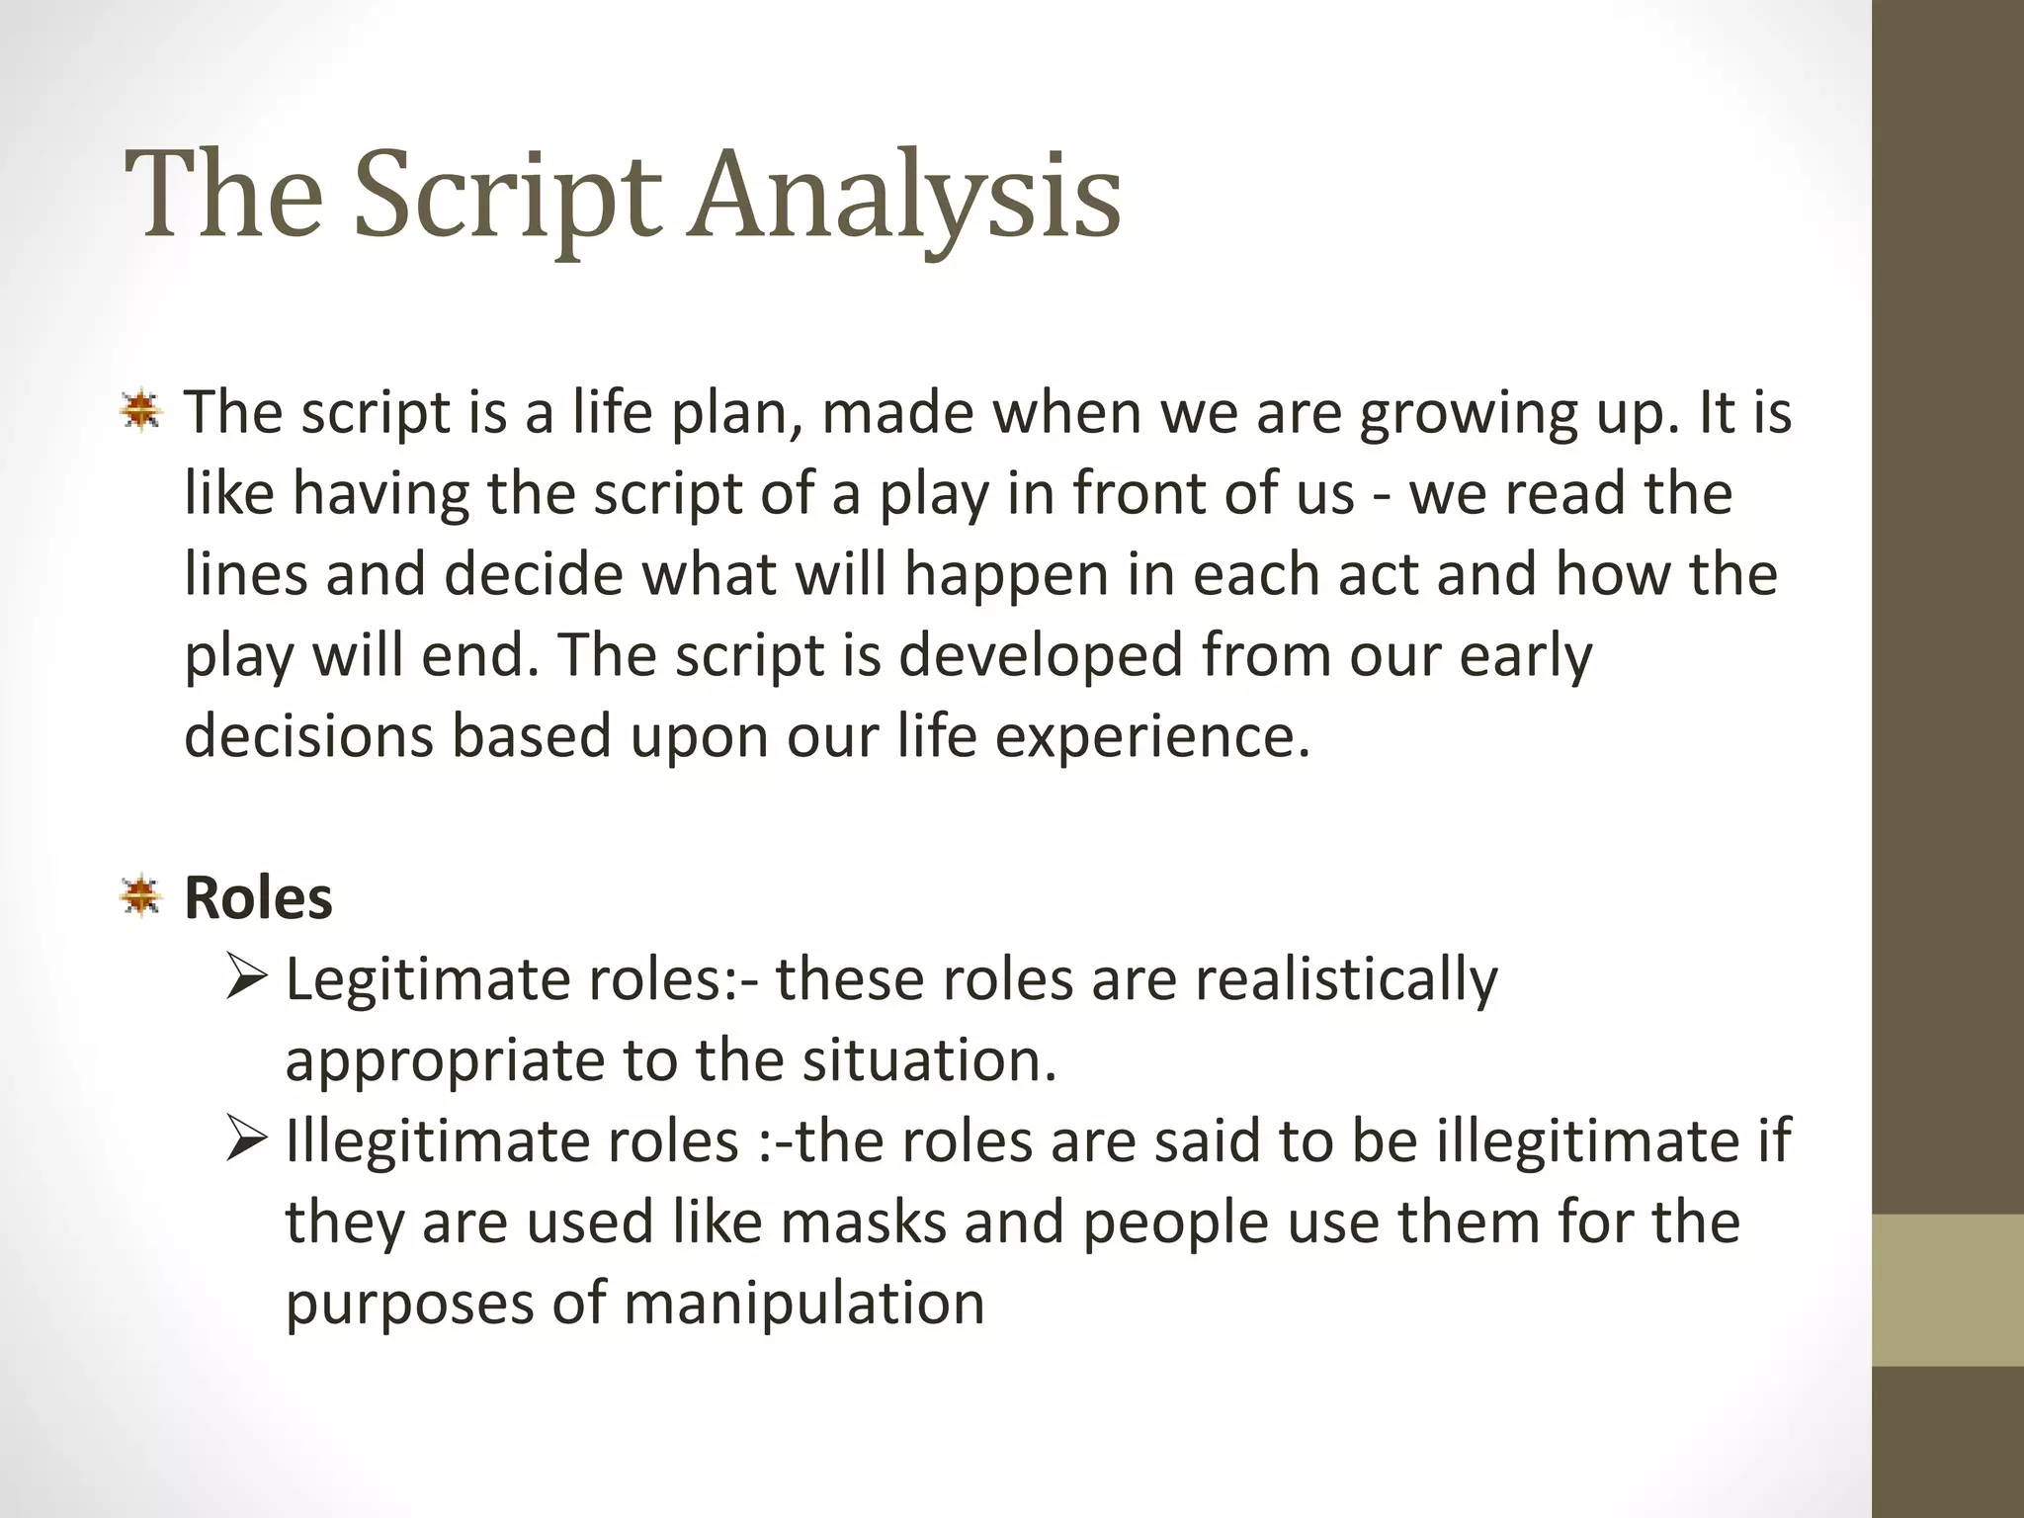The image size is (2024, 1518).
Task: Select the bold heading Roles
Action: (258, 898)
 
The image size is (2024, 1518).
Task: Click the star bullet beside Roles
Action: (141, 897)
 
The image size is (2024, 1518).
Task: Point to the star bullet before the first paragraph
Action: (141, 411)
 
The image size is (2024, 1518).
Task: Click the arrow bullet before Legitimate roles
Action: (246, 978)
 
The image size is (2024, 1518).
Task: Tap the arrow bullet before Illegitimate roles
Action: (246, 1140)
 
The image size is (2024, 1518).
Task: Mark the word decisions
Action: (308, 737)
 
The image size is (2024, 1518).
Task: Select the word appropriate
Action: (445, 1061)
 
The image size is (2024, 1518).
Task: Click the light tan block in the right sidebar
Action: (1948, 1291)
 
